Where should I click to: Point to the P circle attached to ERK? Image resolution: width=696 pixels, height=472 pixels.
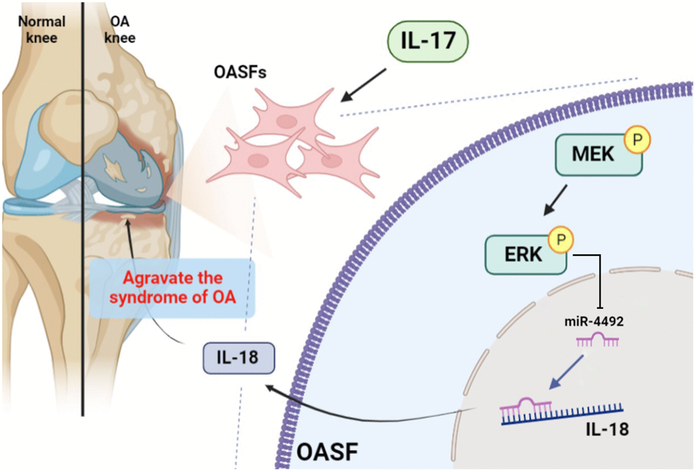coord(562,240)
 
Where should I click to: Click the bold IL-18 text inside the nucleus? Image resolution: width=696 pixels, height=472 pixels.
coord(607,430)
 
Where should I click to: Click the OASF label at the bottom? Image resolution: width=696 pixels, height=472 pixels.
coord(327,452)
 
